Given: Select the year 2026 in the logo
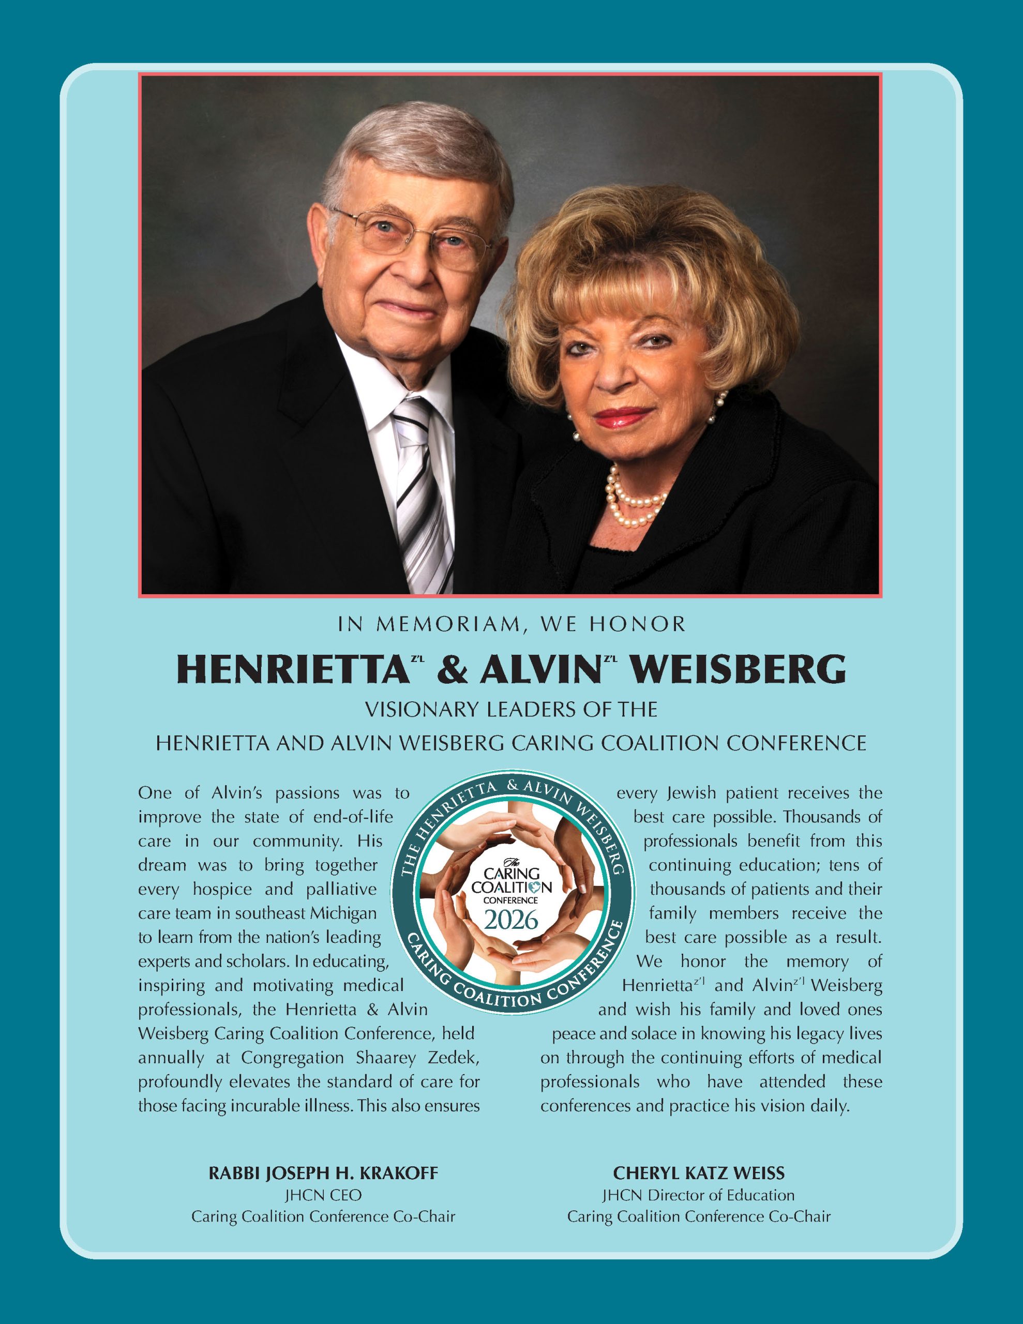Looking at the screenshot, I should point(510,920).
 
